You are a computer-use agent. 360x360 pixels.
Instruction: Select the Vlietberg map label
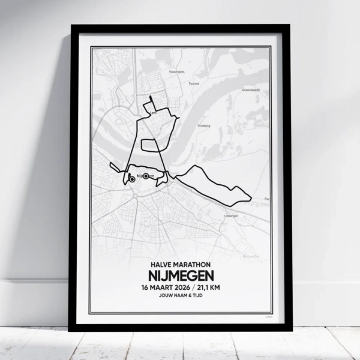203,127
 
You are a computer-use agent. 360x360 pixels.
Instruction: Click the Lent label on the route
154,111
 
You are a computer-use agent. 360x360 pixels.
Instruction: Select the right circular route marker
146,176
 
